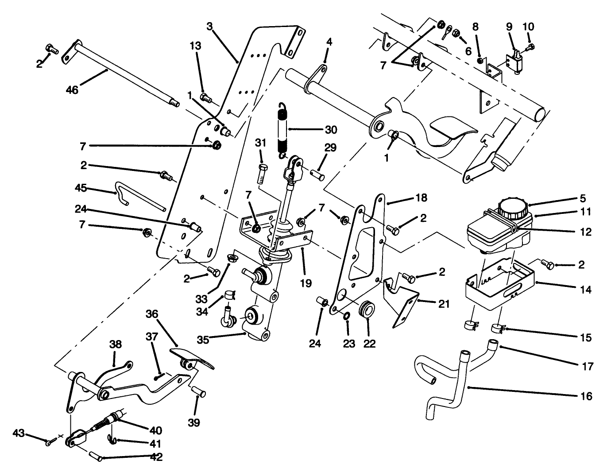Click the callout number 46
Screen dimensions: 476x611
pos(72,90)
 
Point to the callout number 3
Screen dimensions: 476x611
pos(209,26)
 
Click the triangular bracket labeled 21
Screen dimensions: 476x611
pos(403,301)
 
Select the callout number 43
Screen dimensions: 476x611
pos(19,432)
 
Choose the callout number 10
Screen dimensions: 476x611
pos(528,26)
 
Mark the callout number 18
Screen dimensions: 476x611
pos(421,198)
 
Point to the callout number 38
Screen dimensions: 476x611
pos(116,345)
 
